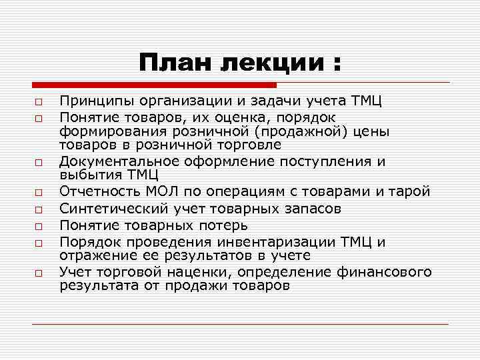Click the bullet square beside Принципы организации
click(x=40, y=102)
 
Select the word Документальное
click(x=115, y=161)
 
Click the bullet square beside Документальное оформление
click(x=40, y=162)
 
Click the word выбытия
click(x=85, y=175)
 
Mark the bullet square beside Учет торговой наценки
click(x=40, y=273)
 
